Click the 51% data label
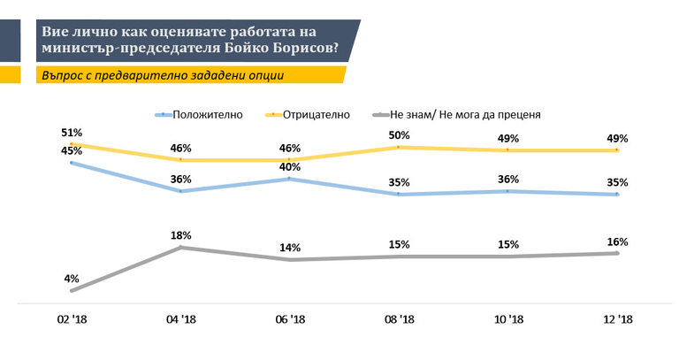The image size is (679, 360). [72, 133]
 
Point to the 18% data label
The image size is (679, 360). [180, 235]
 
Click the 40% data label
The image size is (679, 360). [290, 166]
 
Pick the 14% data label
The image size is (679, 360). [290, 248]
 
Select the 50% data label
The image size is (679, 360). [400, 135]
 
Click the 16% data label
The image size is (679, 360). [617, 241]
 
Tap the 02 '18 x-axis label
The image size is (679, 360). [72, 318]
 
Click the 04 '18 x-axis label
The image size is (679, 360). [181, 318]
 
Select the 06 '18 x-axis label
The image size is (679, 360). [290, 318]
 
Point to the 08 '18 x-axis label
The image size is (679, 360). [400, 318]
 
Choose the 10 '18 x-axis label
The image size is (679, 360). [508, 318]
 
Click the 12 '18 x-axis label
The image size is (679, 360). [617, 318]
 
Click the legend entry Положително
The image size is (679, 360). [203, 114]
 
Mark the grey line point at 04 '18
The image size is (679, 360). [181, 248]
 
